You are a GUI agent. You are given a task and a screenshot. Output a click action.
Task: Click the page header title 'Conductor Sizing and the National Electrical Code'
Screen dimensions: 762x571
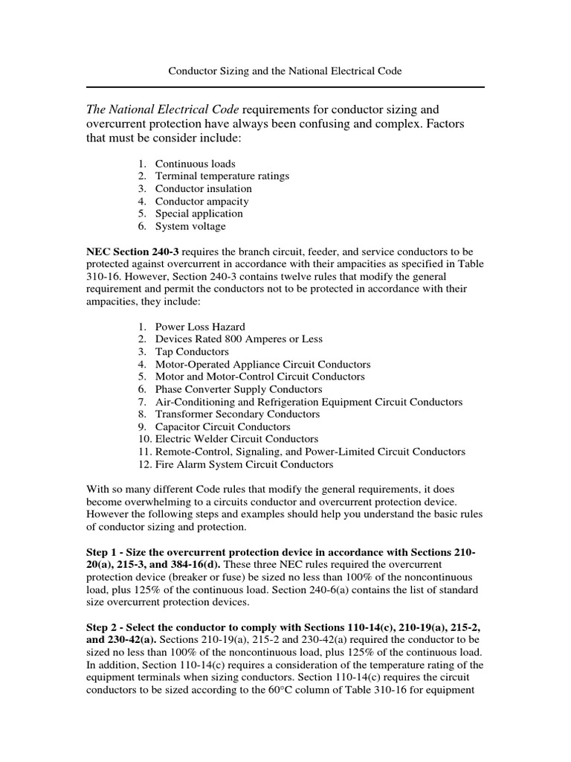285,71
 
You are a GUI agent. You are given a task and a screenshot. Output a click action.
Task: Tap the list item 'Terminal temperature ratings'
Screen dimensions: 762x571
222,176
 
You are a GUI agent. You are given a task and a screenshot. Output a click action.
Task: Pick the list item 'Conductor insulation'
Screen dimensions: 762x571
203,188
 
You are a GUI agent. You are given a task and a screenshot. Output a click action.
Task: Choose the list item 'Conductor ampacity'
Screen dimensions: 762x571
201,201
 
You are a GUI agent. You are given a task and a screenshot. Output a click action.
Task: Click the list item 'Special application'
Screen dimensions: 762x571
199,214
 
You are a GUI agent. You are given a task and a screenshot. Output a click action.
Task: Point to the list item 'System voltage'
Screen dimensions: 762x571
190,226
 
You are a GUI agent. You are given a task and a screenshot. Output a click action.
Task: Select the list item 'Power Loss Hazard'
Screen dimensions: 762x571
199,327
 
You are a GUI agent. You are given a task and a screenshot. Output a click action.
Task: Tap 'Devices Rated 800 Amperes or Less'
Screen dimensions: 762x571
239,339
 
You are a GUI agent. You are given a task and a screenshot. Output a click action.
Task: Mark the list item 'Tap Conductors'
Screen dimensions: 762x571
192,352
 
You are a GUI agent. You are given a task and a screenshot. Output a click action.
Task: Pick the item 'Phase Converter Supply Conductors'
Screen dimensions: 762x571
239,389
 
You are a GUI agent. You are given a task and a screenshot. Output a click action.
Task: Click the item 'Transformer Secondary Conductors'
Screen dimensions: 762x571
237,414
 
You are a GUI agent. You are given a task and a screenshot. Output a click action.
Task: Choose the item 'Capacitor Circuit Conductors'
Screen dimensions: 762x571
222,427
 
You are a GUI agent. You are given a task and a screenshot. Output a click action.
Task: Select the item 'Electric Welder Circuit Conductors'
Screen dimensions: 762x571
236,439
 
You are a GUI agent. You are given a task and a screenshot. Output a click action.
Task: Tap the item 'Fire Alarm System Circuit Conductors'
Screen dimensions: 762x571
244,464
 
